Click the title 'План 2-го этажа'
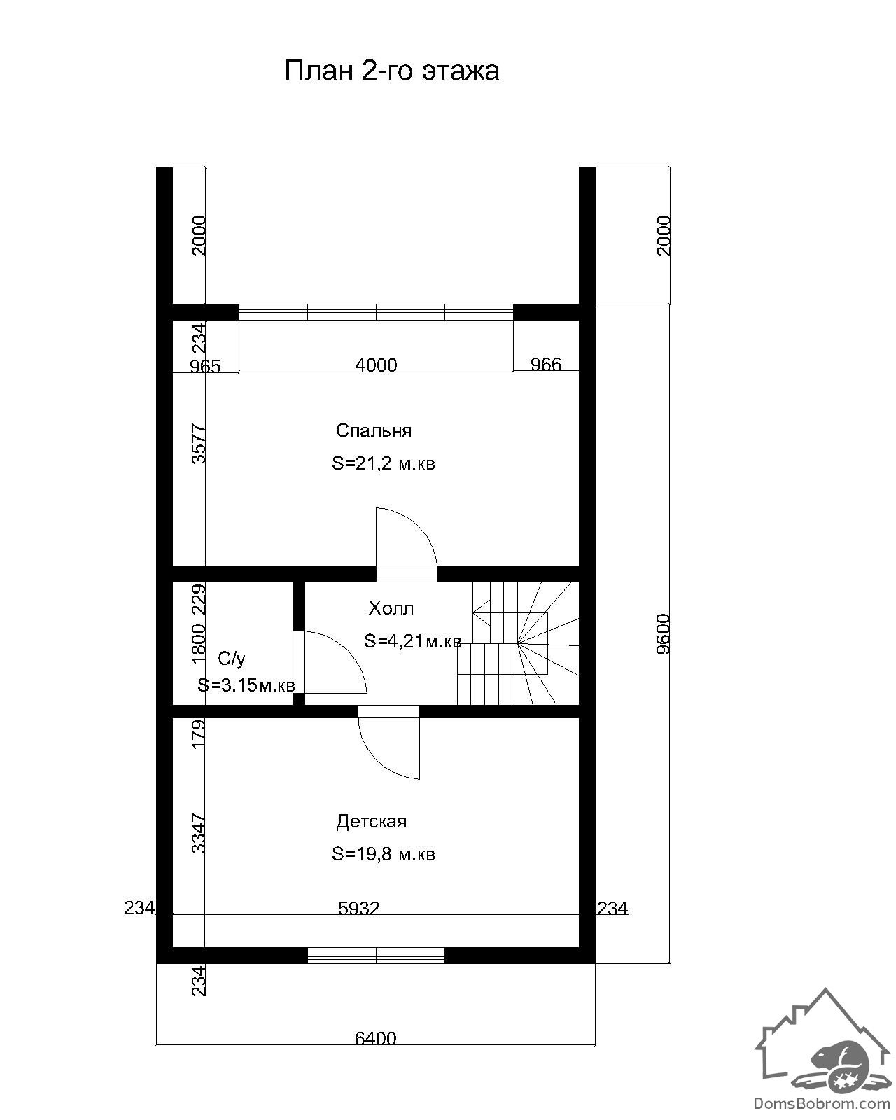tap(391, 71)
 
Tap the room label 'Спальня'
tap(373, 430)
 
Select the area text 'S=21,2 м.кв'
tap(383, 463)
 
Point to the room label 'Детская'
tap(371, 821)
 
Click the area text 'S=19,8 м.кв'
tap(383, 854)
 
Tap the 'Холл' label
tap(391, 608)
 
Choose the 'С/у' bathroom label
tap(231, 659)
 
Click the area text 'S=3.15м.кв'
tap(246, 685)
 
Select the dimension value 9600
tap(664, 634)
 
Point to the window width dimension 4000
tap(376, 365)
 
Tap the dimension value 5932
tap(358, 908)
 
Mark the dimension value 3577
tap(199, 444)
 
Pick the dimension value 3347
tap(199, 833)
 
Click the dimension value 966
tap(545, 364)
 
